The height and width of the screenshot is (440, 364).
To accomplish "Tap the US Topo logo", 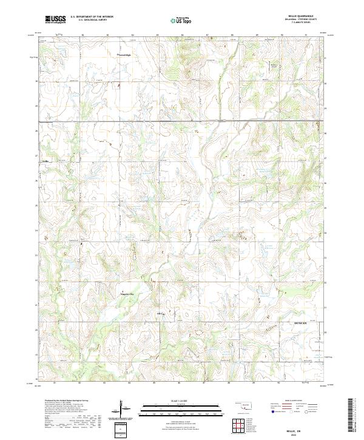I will [180, 19].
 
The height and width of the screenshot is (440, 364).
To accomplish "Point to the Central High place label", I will [124, 55].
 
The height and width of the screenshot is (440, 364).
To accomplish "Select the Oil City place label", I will [161, 314].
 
